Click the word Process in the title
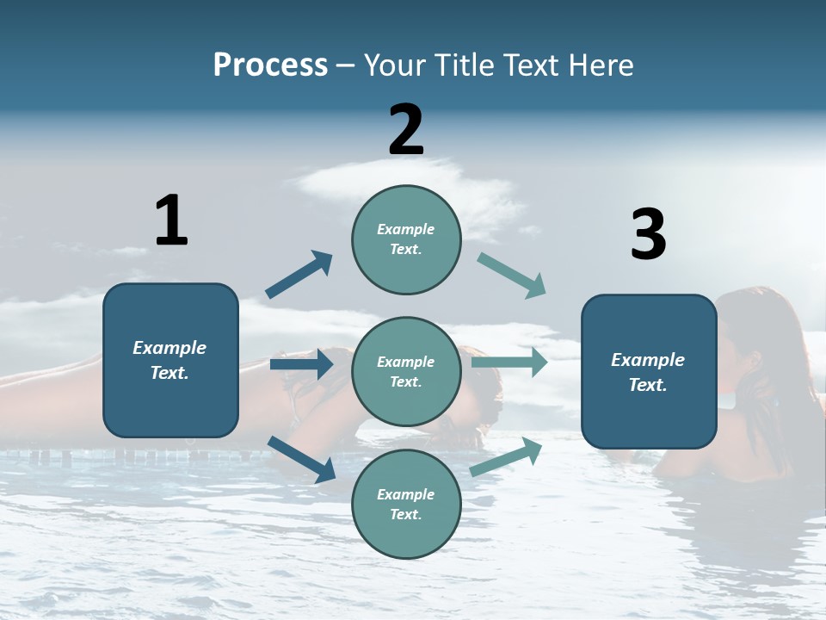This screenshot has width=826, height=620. (x=270, y=65)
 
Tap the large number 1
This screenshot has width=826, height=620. (x=171, y=220)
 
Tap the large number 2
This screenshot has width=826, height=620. (x=406, y=130)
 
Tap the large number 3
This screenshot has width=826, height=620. (x=648, y=234)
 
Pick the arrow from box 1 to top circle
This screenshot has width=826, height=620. (x=299, y=275)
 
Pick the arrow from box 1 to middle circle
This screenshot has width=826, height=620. (x=301, y=364)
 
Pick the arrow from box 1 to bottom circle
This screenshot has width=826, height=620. (x=301, y=459)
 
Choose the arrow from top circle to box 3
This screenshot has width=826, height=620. (x=511, y=276)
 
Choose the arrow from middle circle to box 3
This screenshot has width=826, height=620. (x=509, y=363)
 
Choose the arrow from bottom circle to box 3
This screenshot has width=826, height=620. (x=507, y=457)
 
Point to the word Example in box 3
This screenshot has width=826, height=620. (x=648, y=360)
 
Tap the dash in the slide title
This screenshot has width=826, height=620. (x=345, y=65)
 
